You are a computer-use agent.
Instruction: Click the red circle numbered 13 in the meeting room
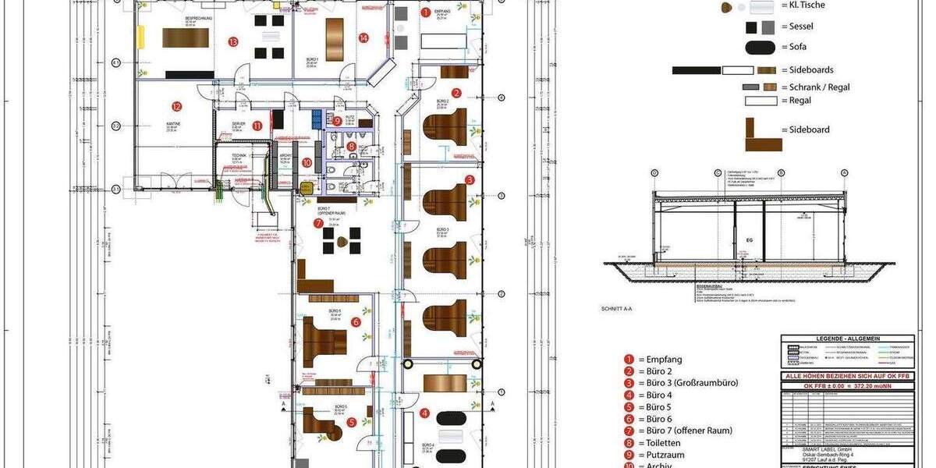coord(232,41)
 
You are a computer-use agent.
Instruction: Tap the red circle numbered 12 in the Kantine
coord(177,107)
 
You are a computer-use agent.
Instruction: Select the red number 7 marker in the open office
coord(318,223)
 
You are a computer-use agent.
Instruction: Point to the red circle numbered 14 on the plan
coord(363,37)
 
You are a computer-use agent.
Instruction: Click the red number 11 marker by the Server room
coord(257,126)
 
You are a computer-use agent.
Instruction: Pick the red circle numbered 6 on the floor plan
coord(356,321)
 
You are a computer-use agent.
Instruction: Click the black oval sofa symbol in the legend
coord(760,48)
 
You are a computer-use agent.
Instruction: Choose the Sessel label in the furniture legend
coord(801,27)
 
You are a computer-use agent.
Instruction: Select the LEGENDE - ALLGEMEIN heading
coord(846,339)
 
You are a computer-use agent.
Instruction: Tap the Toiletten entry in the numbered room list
coord(664,442)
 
